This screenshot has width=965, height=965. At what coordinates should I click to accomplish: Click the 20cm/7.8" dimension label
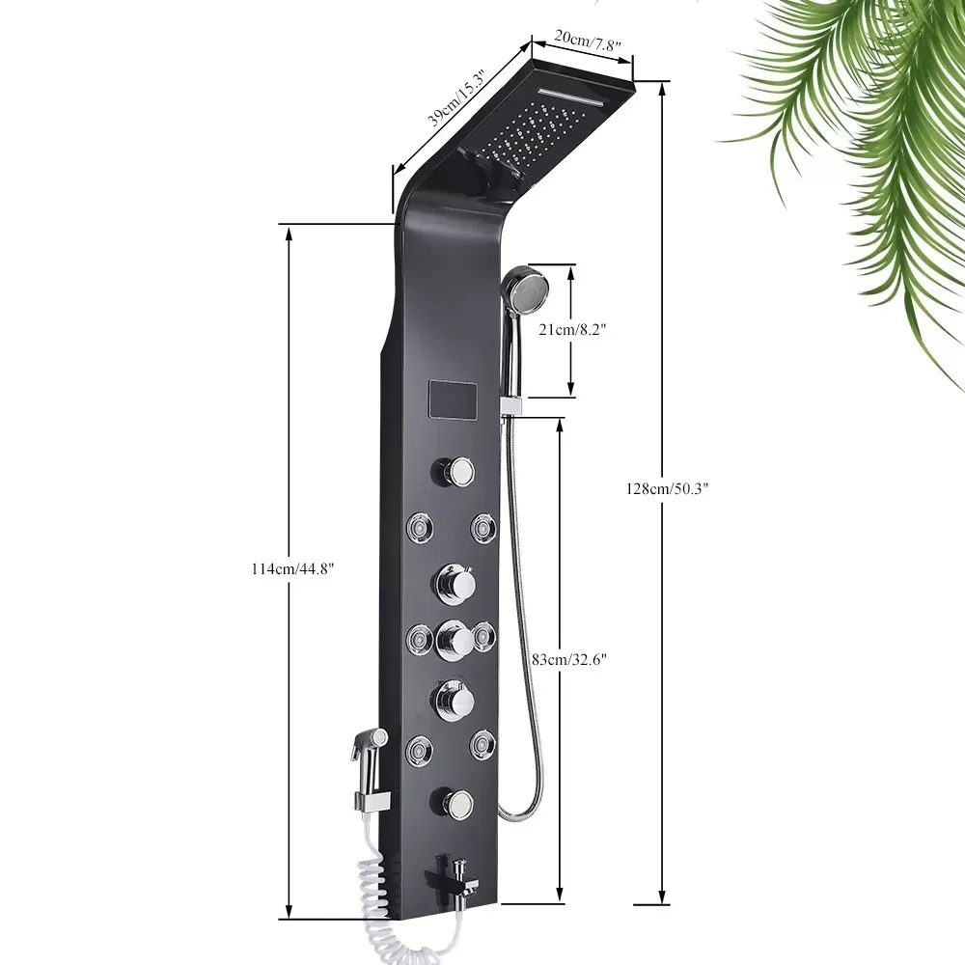[587, 41]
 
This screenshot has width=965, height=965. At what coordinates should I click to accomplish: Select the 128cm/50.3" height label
[668, 489]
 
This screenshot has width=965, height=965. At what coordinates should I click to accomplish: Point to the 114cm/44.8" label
[292, 569]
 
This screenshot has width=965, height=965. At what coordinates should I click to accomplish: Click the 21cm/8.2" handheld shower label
[572, 330]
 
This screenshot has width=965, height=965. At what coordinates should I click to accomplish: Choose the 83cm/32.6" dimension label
[569, 660]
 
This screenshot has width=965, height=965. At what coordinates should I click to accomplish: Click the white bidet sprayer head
[369, 747]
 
